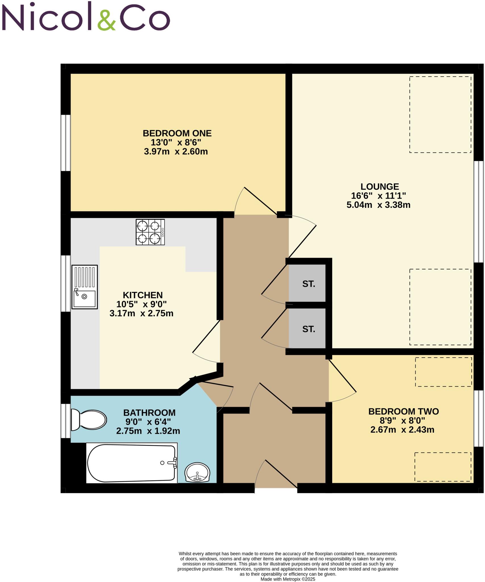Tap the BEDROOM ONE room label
pyautogui.click(x=177, y=133)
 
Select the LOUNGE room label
pyautogui.click(x=380, y=187)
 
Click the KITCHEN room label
pyautogui.click(x=143, y=295)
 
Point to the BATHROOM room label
pyautogui.click(x=149, y=413)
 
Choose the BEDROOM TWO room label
pyautogui.click(x=403, y=411)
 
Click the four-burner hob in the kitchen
pyautogui.click(x=150, y=232)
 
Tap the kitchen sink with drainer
pyautogui.click(x=85, y=287)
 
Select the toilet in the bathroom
pyautogui.click(x=88, y=420)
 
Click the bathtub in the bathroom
pyautogui.click(x=132, y=463)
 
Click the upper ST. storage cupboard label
pyautogui.click(x=309, y=284)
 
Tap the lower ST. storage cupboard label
pyautogui.click(x=309, y=329)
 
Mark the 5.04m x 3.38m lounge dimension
pyautogui.click(x=378, y=205)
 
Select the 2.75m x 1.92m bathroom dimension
pyautogui.click(x=148, y=431)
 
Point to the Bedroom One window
pyautogui.click(x=66, y=143)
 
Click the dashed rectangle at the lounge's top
pyautogui.click(x=440, y=115)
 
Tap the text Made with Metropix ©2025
pyautogui.click(x=288, y=579)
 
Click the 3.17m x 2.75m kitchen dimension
pyautogui.click(x=141, y=313)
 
